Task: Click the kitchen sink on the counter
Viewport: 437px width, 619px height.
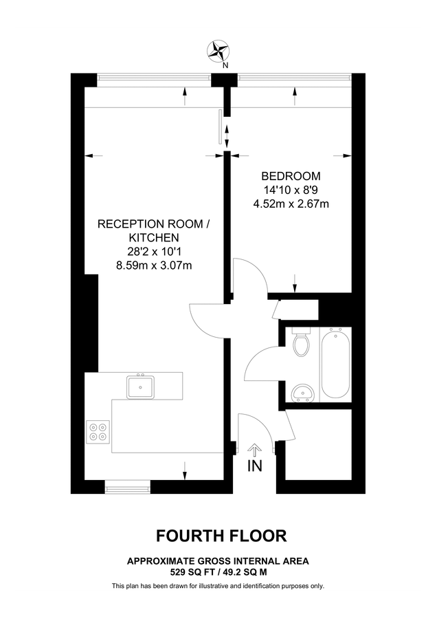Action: (141, 387)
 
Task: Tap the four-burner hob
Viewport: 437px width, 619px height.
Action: (97, 431)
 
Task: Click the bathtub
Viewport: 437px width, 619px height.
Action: (335, 365)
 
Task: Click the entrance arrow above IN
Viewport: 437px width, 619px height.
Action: (254, 450)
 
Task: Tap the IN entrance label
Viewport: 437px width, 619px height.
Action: (254, 467)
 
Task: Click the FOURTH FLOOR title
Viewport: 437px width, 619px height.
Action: (221, 535)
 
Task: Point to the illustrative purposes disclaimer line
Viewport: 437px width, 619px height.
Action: (218, 586)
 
